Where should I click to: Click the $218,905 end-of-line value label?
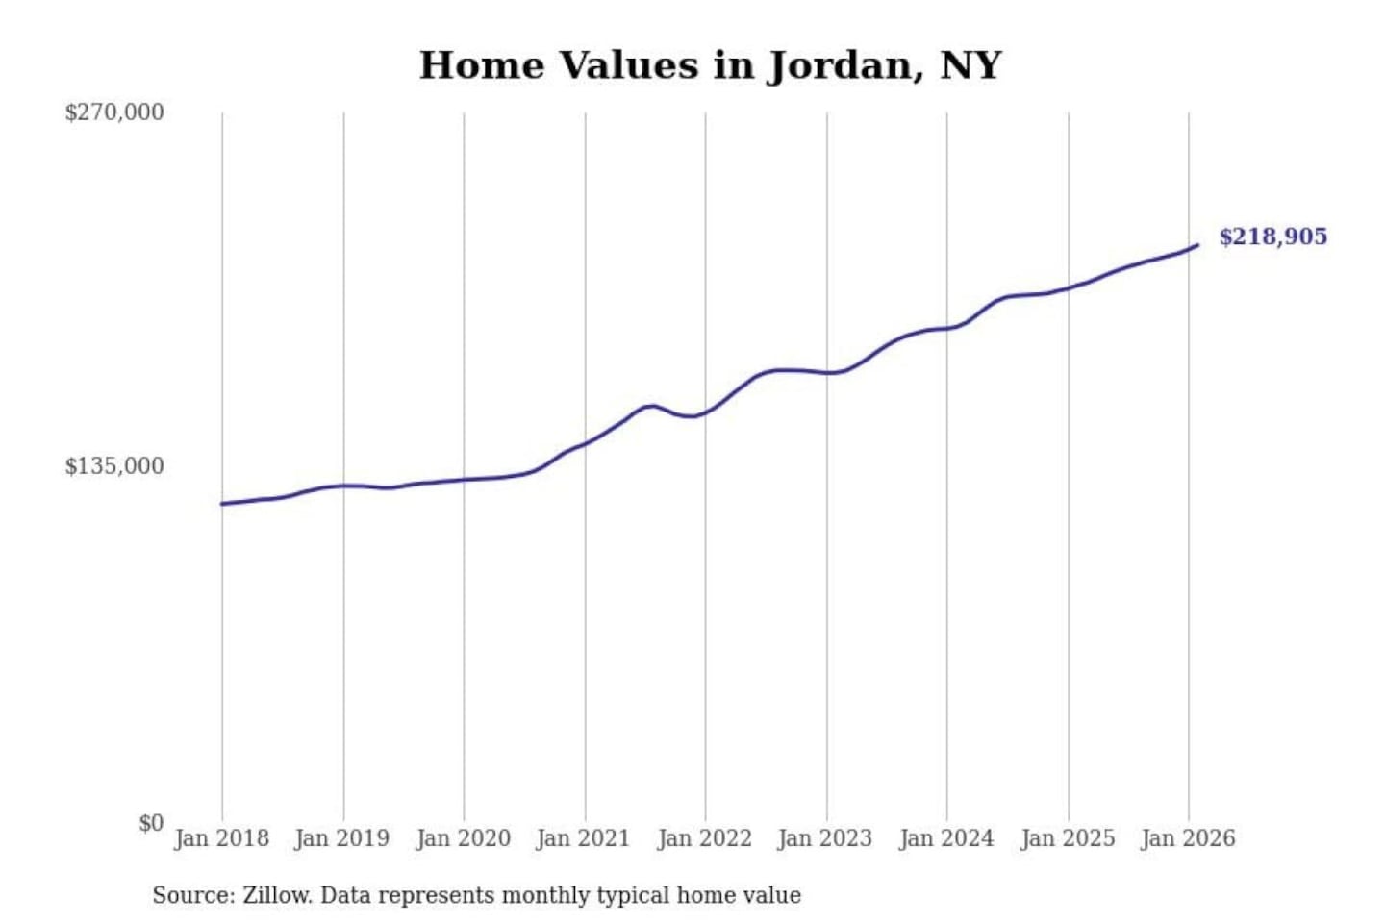click(1272, 237)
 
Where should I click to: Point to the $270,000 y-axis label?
click(114, 112)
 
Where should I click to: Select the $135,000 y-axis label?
click(114, 466)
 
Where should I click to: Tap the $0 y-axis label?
click(150, 823)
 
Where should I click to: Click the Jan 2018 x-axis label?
click(221, 838)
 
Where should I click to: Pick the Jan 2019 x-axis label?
click(341, 838)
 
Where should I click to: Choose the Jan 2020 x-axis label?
click(463, 838)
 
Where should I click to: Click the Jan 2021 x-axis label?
click(583, 838)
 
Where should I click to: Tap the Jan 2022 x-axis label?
click(704, 838)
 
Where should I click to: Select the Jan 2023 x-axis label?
click(824, 838)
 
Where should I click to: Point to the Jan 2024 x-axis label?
click(945, 838)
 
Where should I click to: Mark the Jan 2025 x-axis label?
click(1067, 838)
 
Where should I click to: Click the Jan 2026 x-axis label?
click(1187, 838)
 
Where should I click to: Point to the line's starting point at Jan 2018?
click(222, 504)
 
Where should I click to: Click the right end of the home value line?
click(1197, 245)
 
